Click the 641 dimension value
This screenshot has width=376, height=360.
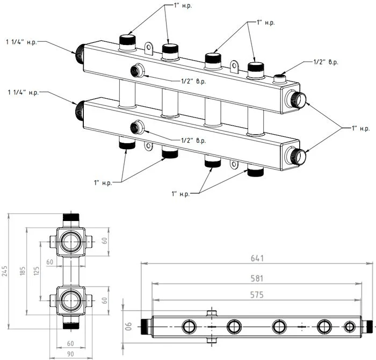(257, 258)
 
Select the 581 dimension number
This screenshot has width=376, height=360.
(257, 278)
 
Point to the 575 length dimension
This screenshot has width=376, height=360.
(257, 295)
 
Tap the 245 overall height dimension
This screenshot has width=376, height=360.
(5, 271)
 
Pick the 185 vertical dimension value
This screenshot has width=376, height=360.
(23, 271)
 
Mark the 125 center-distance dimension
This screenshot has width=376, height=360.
(37, 271)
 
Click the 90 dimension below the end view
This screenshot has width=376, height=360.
(70, 354)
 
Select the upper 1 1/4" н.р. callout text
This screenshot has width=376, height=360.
(22, 42)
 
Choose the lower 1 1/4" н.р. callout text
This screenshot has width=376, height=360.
(24, 92)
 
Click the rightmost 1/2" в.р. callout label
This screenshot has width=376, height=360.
(326, 62)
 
